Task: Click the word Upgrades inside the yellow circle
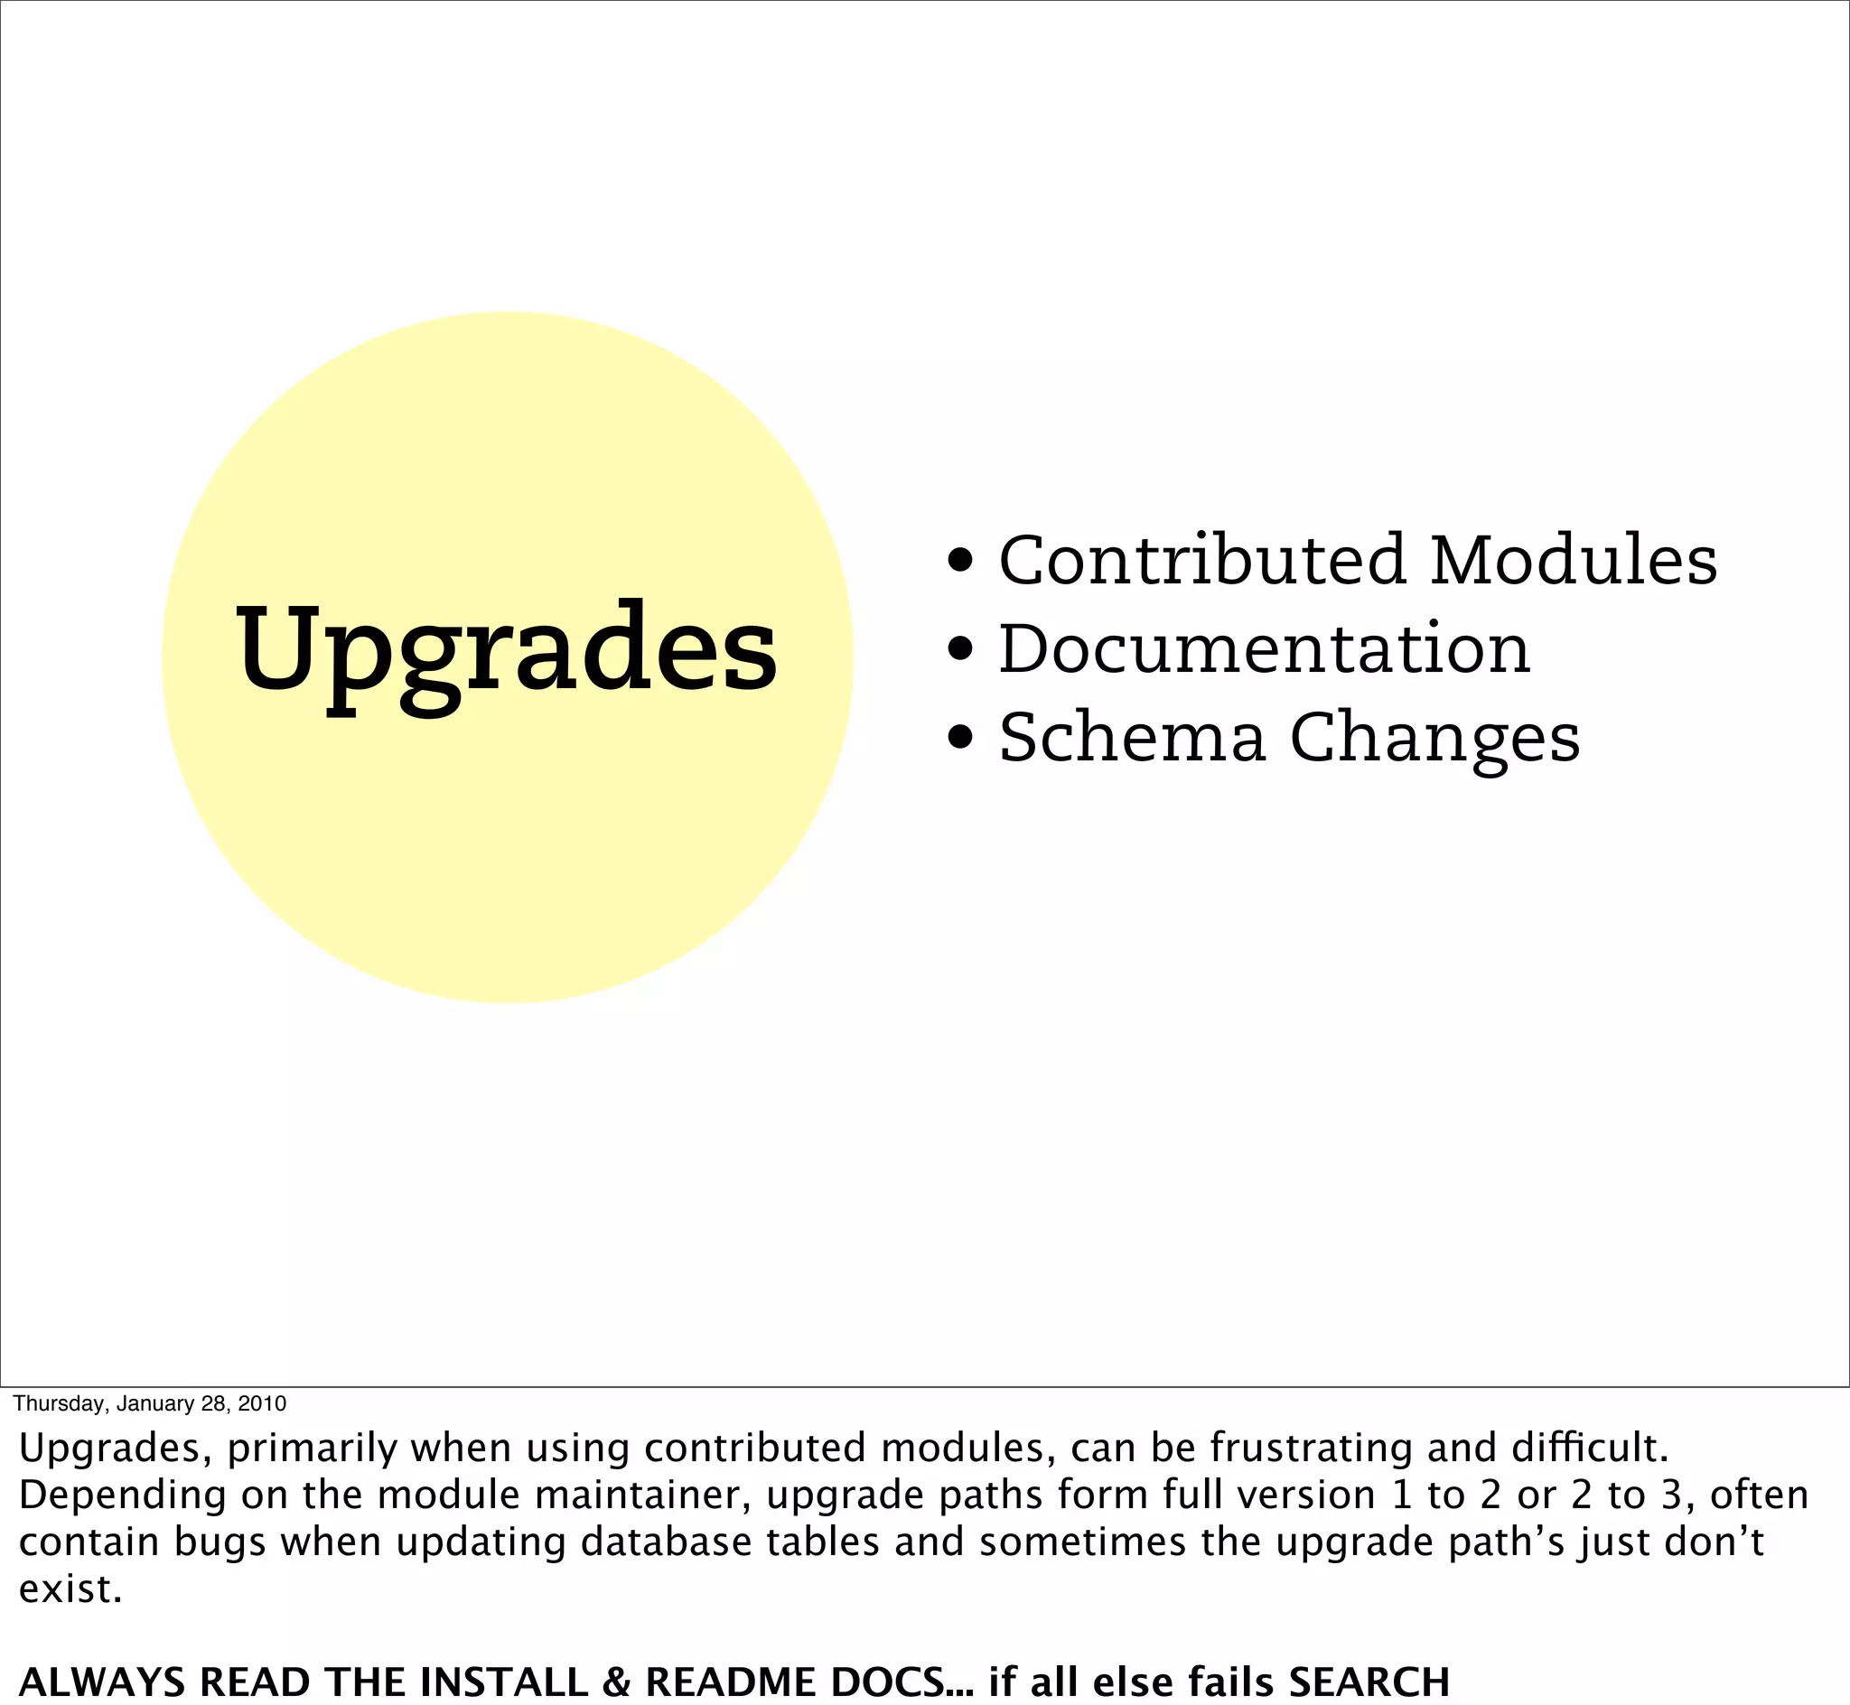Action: coord(507,650)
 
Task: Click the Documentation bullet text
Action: coord(1264,649)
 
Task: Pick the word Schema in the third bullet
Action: coord(1132,738)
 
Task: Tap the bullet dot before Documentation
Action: coord(960,649)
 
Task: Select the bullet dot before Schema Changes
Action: coord(960,738)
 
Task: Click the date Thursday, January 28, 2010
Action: coord(149,1403)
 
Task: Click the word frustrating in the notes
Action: coord(1311,1448)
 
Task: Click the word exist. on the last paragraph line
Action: coord(70,1589)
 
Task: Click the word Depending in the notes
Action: coord(122,1495)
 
